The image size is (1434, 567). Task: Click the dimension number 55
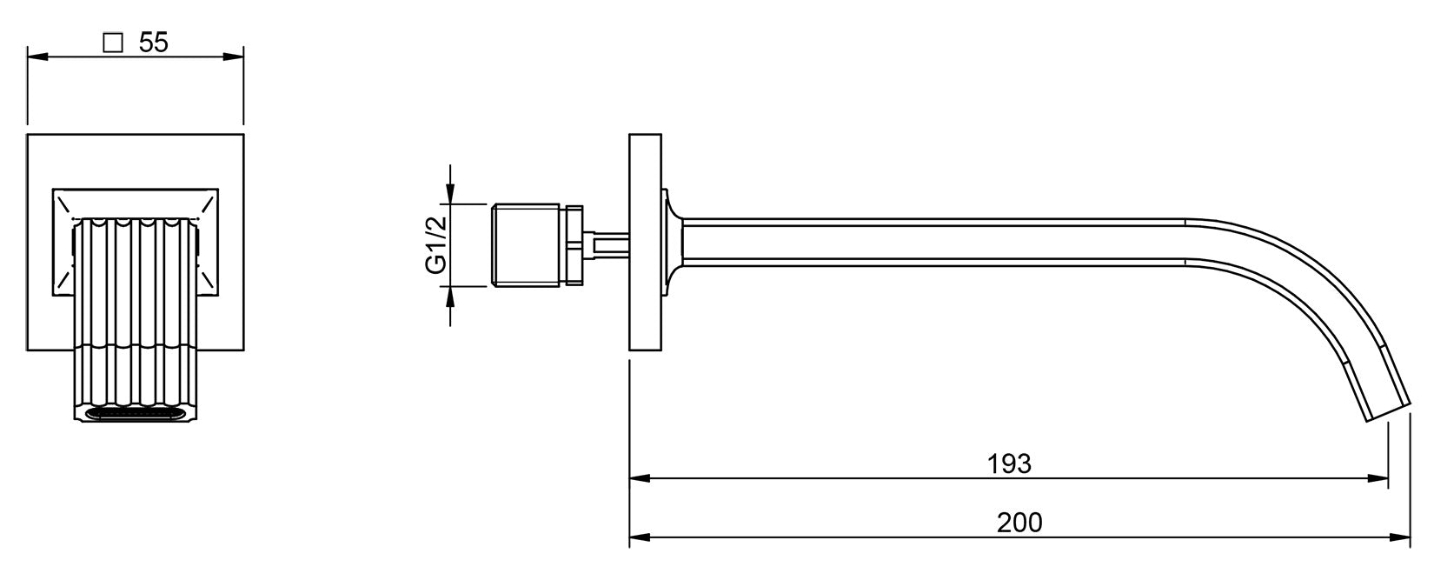[154, 43]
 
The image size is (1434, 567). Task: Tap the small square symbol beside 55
[113, 43]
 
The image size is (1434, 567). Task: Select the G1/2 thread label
[436, 244]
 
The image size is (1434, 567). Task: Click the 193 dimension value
[1009, 464]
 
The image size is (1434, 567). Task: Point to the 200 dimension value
[1019, 522]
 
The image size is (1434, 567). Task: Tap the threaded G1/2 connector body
[526, 244]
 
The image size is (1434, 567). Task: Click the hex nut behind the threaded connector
[574, 244]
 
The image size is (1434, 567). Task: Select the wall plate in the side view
[645, 242]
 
